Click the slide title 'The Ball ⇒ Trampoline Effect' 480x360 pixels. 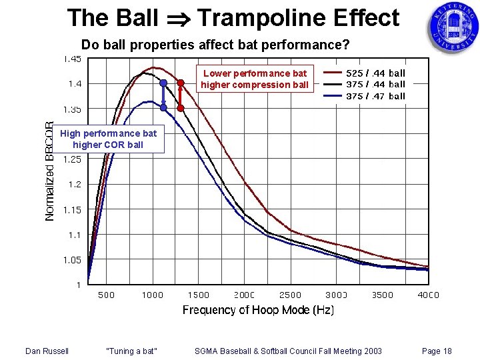click(x=233, y=18)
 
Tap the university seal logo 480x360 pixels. click(x=453, y=29)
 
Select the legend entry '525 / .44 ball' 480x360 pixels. click(x=375, y=73)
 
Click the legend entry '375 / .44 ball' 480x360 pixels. click(x=375, y=84)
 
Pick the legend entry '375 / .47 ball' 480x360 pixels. click(x=375, y=96)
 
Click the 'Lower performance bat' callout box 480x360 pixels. click(x=254, y=79)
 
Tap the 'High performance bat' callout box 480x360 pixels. click(x=108, y=139)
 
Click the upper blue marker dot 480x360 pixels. click(x=163, y=83)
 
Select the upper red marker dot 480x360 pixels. click(x=180, y=83)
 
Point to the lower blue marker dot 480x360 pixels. click(x=163, y=107)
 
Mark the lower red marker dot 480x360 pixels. click(x=180, y=107)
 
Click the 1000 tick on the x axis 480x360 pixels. click(x=152, y=295)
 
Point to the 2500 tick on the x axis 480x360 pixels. click(x=290, y=295)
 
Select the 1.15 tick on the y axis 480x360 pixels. click(x=72, y=209)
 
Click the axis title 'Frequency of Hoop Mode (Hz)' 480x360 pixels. click(x=258, y=310)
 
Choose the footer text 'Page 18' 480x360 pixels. click(x=437, y=351)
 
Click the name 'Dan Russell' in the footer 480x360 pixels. click(x=47, y=351)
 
